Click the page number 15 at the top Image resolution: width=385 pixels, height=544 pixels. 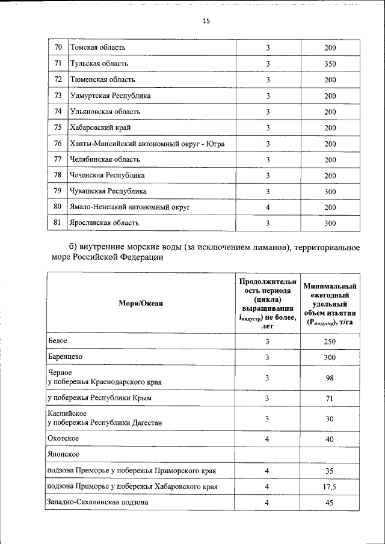click(206, 21)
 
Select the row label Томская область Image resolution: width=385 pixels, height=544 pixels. click(98, 47)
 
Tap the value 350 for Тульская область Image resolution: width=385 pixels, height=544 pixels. click(330, 64)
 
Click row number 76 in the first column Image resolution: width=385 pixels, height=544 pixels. click(58, 144)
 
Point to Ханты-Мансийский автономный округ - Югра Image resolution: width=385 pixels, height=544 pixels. click(147, 144)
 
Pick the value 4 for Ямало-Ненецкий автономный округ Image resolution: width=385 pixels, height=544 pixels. click(268, 207)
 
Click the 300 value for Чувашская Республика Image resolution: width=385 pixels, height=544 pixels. click(330, 191)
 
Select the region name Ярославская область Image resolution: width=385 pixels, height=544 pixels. click(105, 223)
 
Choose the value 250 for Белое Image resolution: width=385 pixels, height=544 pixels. click(330, 341)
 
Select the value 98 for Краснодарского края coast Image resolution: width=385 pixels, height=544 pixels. click(330, 378)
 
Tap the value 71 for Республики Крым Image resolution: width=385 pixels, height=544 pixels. click(330, 399)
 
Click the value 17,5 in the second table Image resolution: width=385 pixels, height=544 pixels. click(330, 486)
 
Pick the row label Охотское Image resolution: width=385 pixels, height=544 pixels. click(63, 439)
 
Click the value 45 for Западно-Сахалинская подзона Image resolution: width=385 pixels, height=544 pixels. click(330, 502)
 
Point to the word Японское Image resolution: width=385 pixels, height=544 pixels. click(64, 455)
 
